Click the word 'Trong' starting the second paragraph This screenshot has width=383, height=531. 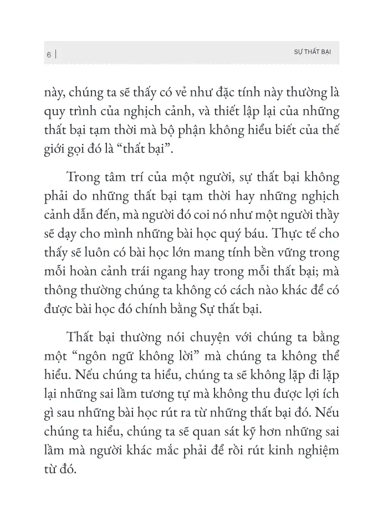pos(81,177)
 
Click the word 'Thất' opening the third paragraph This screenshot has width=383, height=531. pos(80,338)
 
